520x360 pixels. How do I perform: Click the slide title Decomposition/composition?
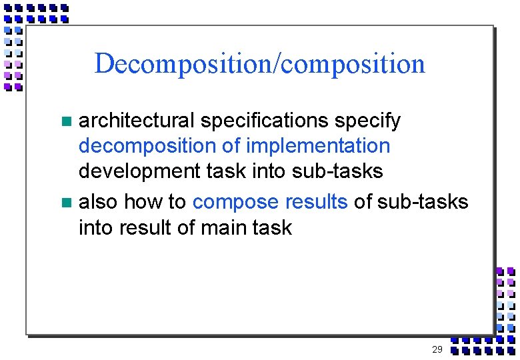pyautogui.click(x=259, y=64)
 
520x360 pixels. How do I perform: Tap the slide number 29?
pyautogui.click(x=437, y=349)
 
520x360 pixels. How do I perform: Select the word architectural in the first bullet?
pyautogui.click(x=137, y=121)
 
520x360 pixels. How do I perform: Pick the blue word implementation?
pyautogui.click(x=318, y=146)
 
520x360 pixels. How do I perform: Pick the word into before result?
pyautogui.click(x=96, y=227)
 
